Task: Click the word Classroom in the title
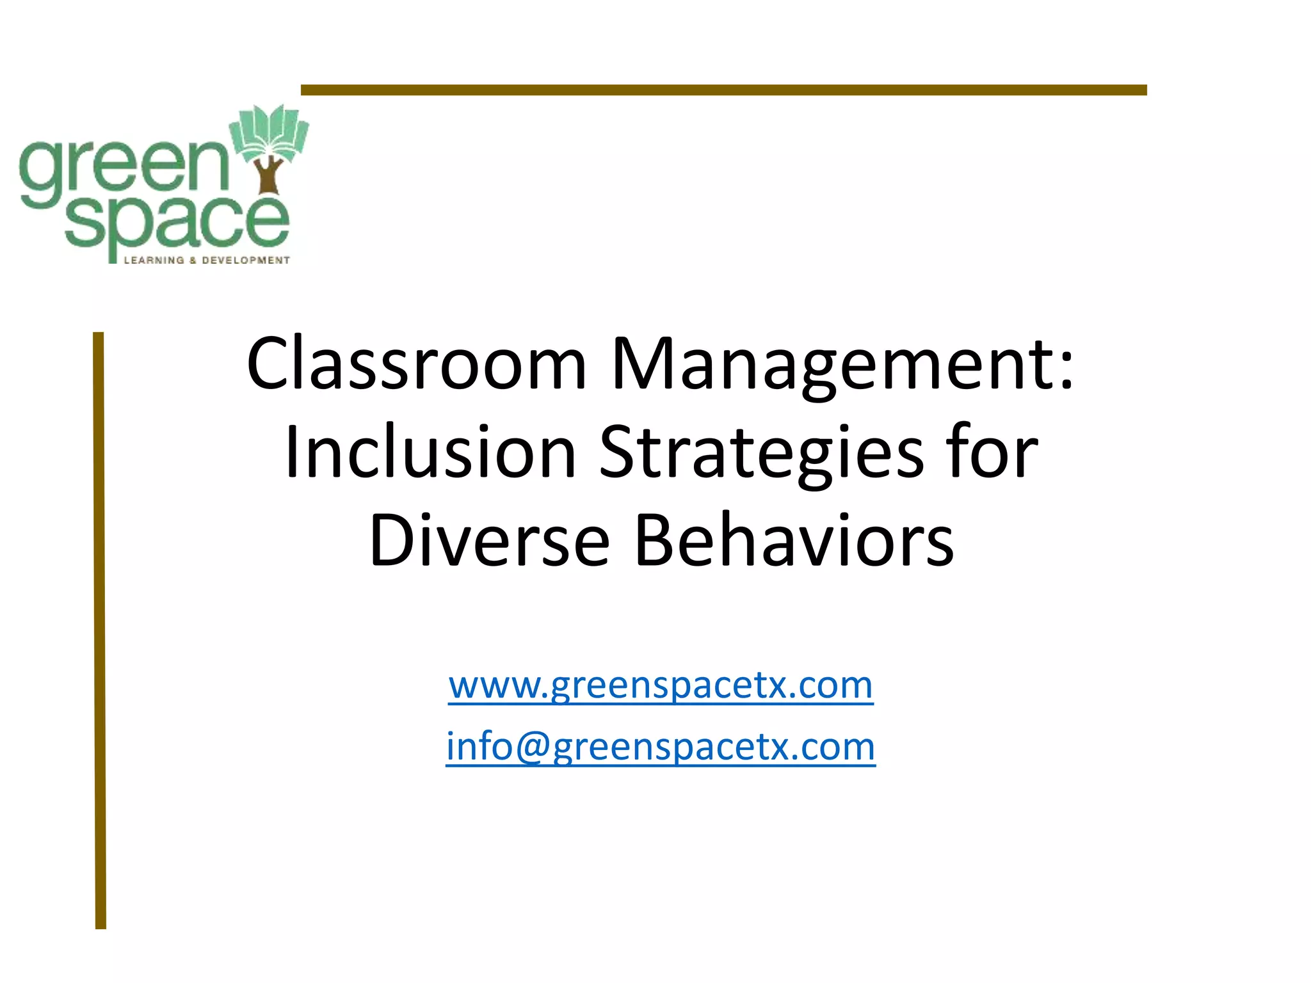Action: point(417,364)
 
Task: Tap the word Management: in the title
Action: point(842,364)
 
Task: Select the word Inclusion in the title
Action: point(430,452)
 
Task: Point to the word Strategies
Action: point(762,452)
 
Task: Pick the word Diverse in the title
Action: point(489,541)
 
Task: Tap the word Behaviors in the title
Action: point(794,541)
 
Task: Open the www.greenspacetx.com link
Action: point(661,685)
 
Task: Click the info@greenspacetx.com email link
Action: point(661,747)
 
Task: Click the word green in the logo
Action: point(122,168)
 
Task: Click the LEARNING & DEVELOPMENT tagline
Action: point(206,260)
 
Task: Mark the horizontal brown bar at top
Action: point(723,90)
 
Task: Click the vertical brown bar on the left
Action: point(99,630)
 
